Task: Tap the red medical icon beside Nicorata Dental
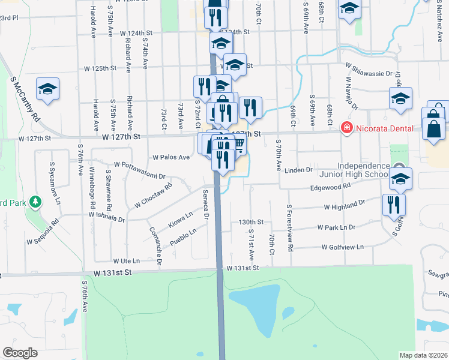(346, 128)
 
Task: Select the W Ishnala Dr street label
(106, 214)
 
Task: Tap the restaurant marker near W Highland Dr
(394, 204)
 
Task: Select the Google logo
(20, 353)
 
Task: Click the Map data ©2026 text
(424, 355)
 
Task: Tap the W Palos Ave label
(171, 157)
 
